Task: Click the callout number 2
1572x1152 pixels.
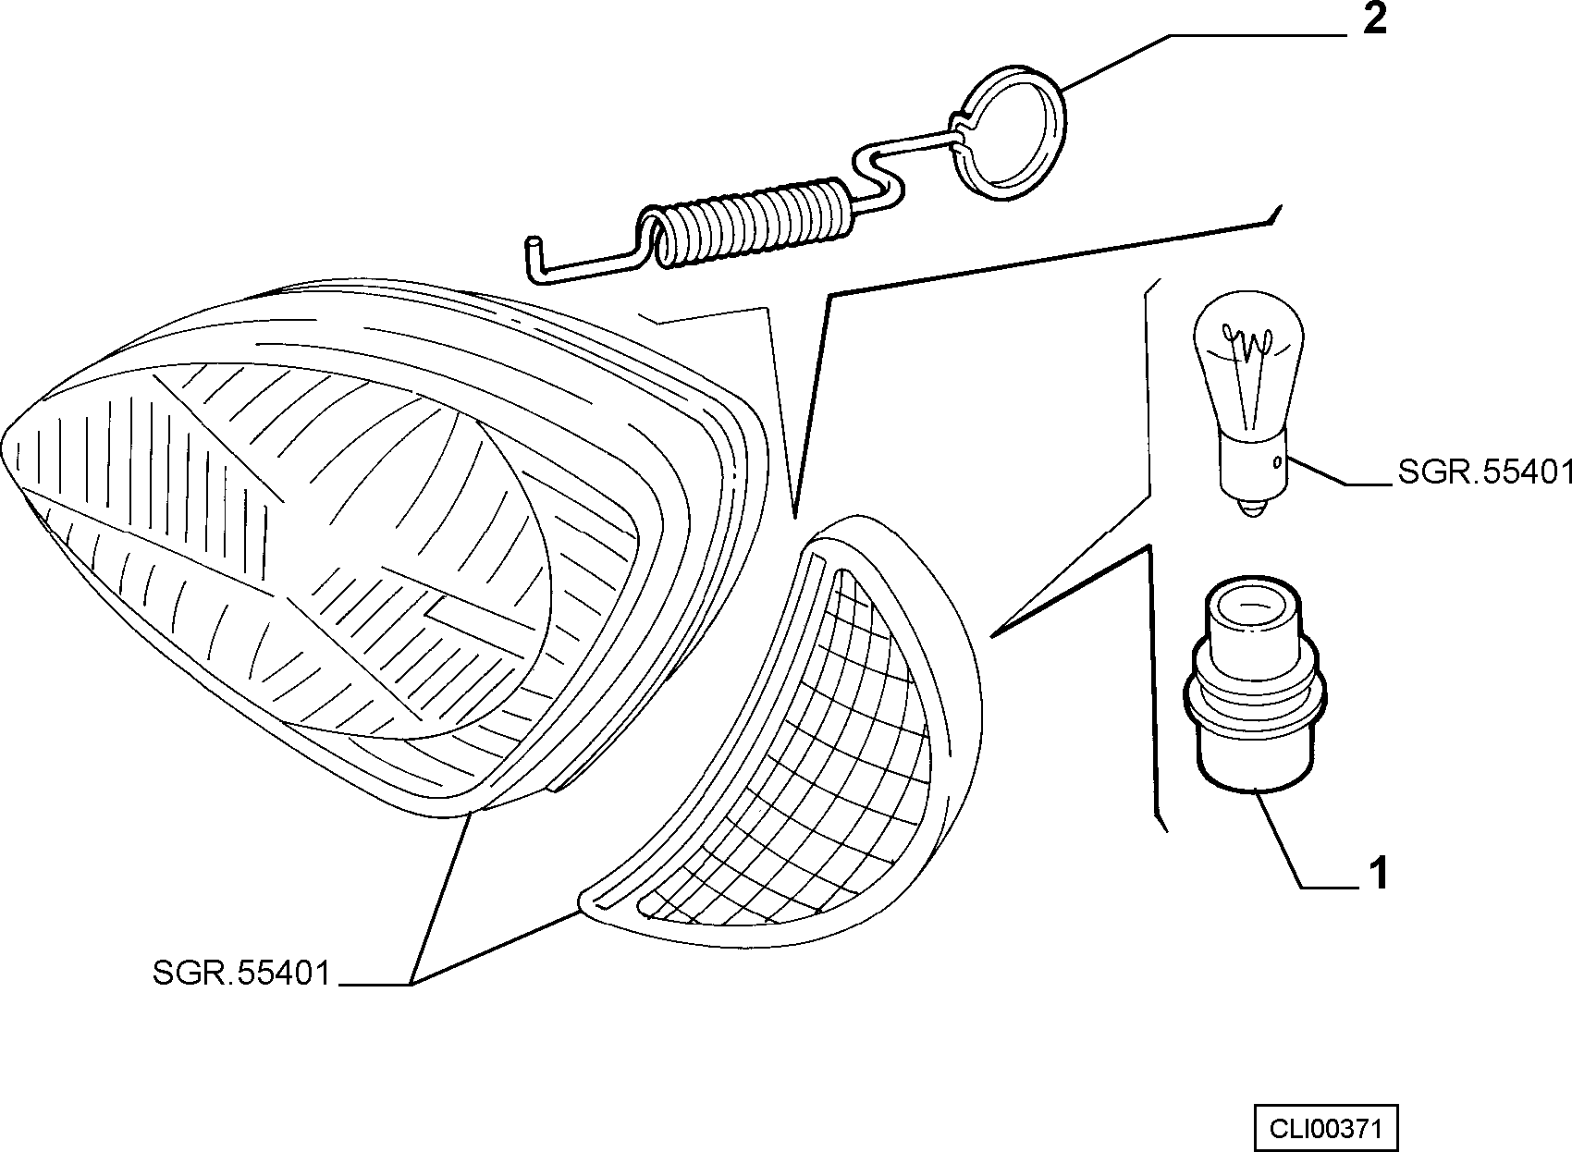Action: [1375, 19]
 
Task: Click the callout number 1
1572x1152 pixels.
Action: [1379, 874]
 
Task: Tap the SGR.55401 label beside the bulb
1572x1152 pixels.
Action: [1484, 472]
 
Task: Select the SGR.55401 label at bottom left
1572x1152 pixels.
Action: [241, 973]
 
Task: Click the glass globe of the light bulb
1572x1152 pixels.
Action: [1248, 365]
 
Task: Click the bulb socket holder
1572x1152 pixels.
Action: [1255, 684]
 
